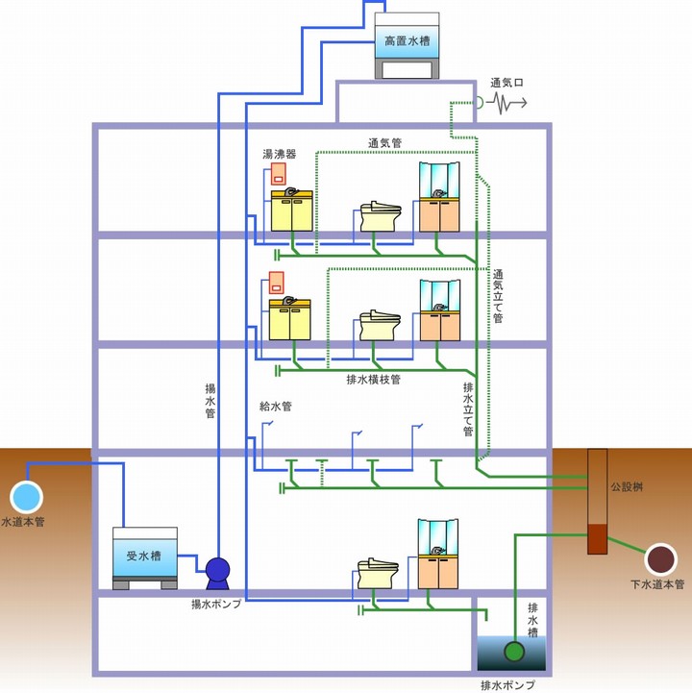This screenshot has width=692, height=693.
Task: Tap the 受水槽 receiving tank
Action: click(x=144, y=556)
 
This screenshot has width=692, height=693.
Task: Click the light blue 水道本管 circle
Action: click(x=27, y=496)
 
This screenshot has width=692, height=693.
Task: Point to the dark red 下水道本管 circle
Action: click(x=660, y=558)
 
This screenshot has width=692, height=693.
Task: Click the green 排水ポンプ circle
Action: click(x=515, y=652)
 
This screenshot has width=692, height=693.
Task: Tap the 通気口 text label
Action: click(x=507, y=83)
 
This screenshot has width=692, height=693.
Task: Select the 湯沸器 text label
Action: click(x=280, y=154)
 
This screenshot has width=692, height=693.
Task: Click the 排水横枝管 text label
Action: click(x=373, y=380)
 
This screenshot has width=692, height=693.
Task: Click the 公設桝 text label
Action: click(x=626, y=487)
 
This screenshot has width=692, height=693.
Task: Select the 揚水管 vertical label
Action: click(x=210, y=402)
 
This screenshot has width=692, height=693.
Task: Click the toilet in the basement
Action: click(x=376, y=574)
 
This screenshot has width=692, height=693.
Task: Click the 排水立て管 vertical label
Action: click(x=469, y=408)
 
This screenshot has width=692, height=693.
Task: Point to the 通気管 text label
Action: click(x=384, y=143)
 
